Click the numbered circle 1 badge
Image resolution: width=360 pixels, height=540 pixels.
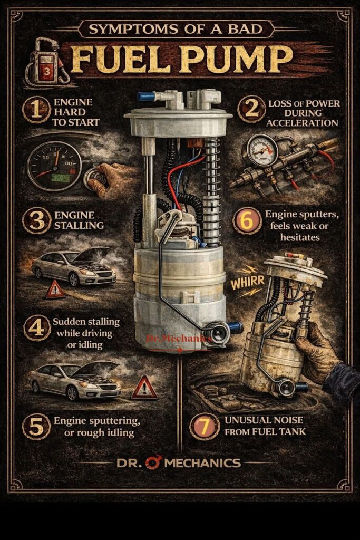[36, 110]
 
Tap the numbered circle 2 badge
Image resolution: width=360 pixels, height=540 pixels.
[251, 109]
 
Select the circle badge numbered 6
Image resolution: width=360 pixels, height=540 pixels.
[247, 221]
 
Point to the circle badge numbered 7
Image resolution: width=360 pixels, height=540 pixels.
[205, 426]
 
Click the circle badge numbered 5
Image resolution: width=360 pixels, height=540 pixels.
[36, 427]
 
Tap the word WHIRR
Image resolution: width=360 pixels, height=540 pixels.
[247, 282]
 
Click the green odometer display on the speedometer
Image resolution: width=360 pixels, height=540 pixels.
[61, 178]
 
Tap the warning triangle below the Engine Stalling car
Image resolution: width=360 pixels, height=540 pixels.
[55, 290]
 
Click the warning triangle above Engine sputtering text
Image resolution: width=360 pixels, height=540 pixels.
[144, 388]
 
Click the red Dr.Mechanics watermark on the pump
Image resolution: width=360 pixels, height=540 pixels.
[179, 339]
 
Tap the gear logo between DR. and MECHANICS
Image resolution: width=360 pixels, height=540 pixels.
[153, 462]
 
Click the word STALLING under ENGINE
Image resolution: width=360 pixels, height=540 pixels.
[79, 226]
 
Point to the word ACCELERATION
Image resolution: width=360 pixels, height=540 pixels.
[302, 123]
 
